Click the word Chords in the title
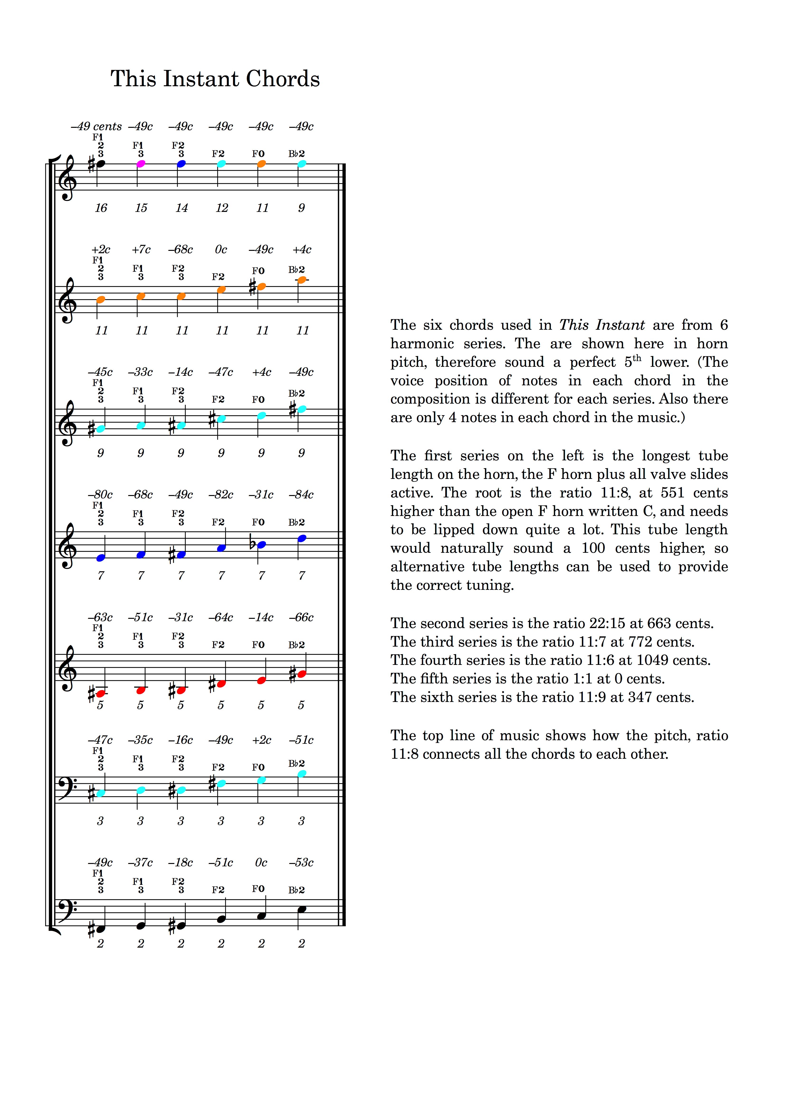[283, 79]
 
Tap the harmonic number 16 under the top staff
[101, 208]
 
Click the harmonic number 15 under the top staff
[141, 208]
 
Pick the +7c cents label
[141, 250]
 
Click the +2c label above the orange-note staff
[101, 250]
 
